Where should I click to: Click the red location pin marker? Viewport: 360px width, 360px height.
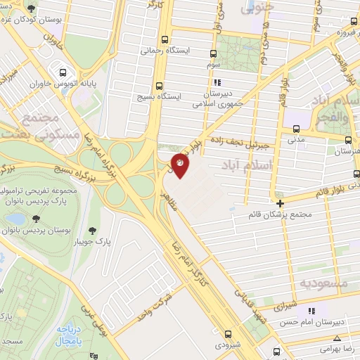pyautogui.click(x=179, y=165)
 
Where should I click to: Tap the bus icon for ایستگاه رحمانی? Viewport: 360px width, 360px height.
pyautogui.click(x=165, y=39)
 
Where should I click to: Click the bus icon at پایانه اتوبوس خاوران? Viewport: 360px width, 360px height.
pyautogui.click(x=64, y=72)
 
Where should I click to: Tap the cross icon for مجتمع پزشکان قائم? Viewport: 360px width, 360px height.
pyautogui.click(x=280, y=202)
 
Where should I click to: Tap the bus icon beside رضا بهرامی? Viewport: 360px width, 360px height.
pyautogui.click(x=276, y=350)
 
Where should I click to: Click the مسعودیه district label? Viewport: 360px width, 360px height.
pyautogui.click(x=325, y=283)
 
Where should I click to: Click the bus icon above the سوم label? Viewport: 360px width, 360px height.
pyautogui.click(x=214, y=53)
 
